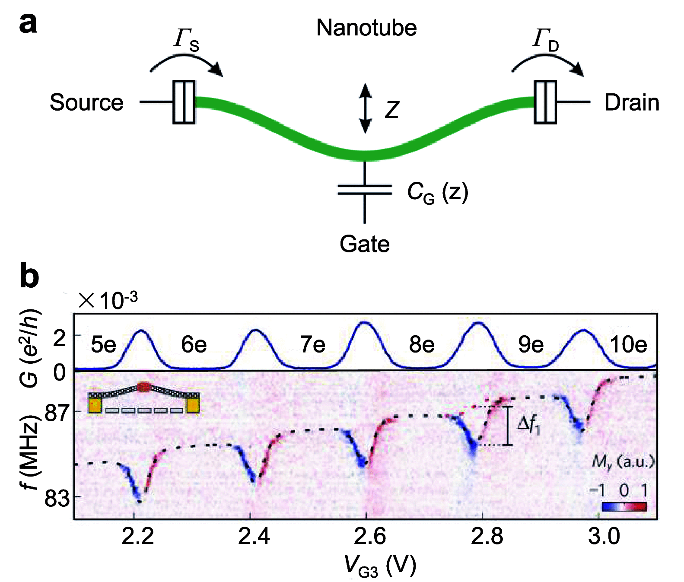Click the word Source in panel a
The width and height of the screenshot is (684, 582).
tap(86, 103)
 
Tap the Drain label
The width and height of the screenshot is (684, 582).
tap(631, 103)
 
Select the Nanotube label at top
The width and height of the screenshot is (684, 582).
tap(366, 28)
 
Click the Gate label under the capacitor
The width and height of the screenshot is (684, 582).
tap(364, 244)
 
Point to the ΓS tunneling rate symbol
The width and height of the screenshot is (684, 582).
tap(186, 40)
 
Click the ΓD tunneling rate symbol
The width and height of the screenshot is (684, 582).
tap(545, 40)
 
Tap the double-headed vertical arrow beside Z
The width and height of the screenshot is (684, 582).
tap(366, 108)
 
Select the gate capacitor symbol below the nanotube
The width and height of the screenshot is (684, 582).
tap(365, 190)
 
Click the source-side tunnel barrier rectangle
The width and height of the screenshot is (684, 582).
tap(184, 102)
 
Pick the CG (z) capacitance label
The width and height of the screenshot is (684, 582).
tap(437, 192)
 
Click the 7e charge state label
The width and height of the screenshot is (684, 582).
tap(312, 345)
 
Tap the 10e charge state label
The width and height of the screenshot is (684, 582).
tap(628, 345)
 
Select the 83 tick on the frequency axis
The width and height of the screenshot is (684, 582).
tap(57, 499)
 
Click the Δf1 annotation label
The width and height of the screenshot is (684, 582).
tap(528, 425)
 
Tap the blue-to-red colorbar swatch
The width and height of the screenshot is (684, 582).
tap(624, 506)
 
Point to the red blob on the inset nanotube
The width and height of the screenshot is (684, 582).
tap(144, 387)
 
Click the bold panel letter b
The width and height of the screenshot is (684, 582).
tap(29, 277)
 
